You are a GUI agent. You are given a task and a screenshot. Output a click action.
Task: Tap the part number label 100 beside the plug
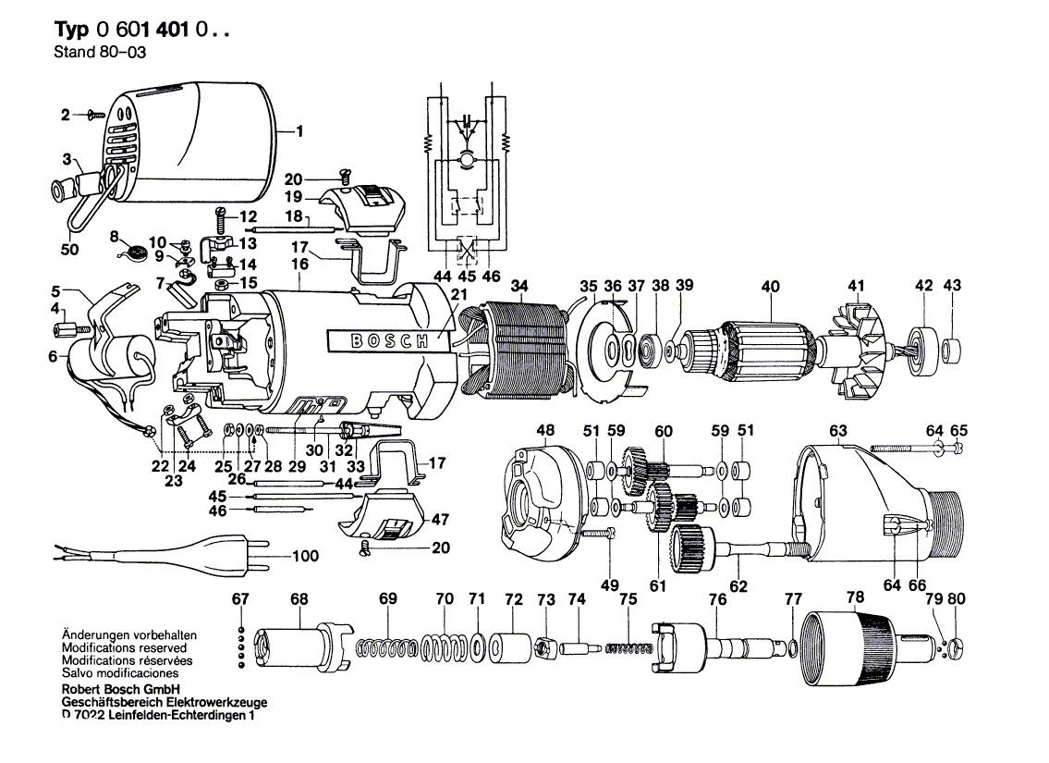coord(304,556)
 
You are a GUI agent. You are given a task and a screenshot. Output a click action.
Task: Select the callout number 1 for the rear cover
coord(300,131)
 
